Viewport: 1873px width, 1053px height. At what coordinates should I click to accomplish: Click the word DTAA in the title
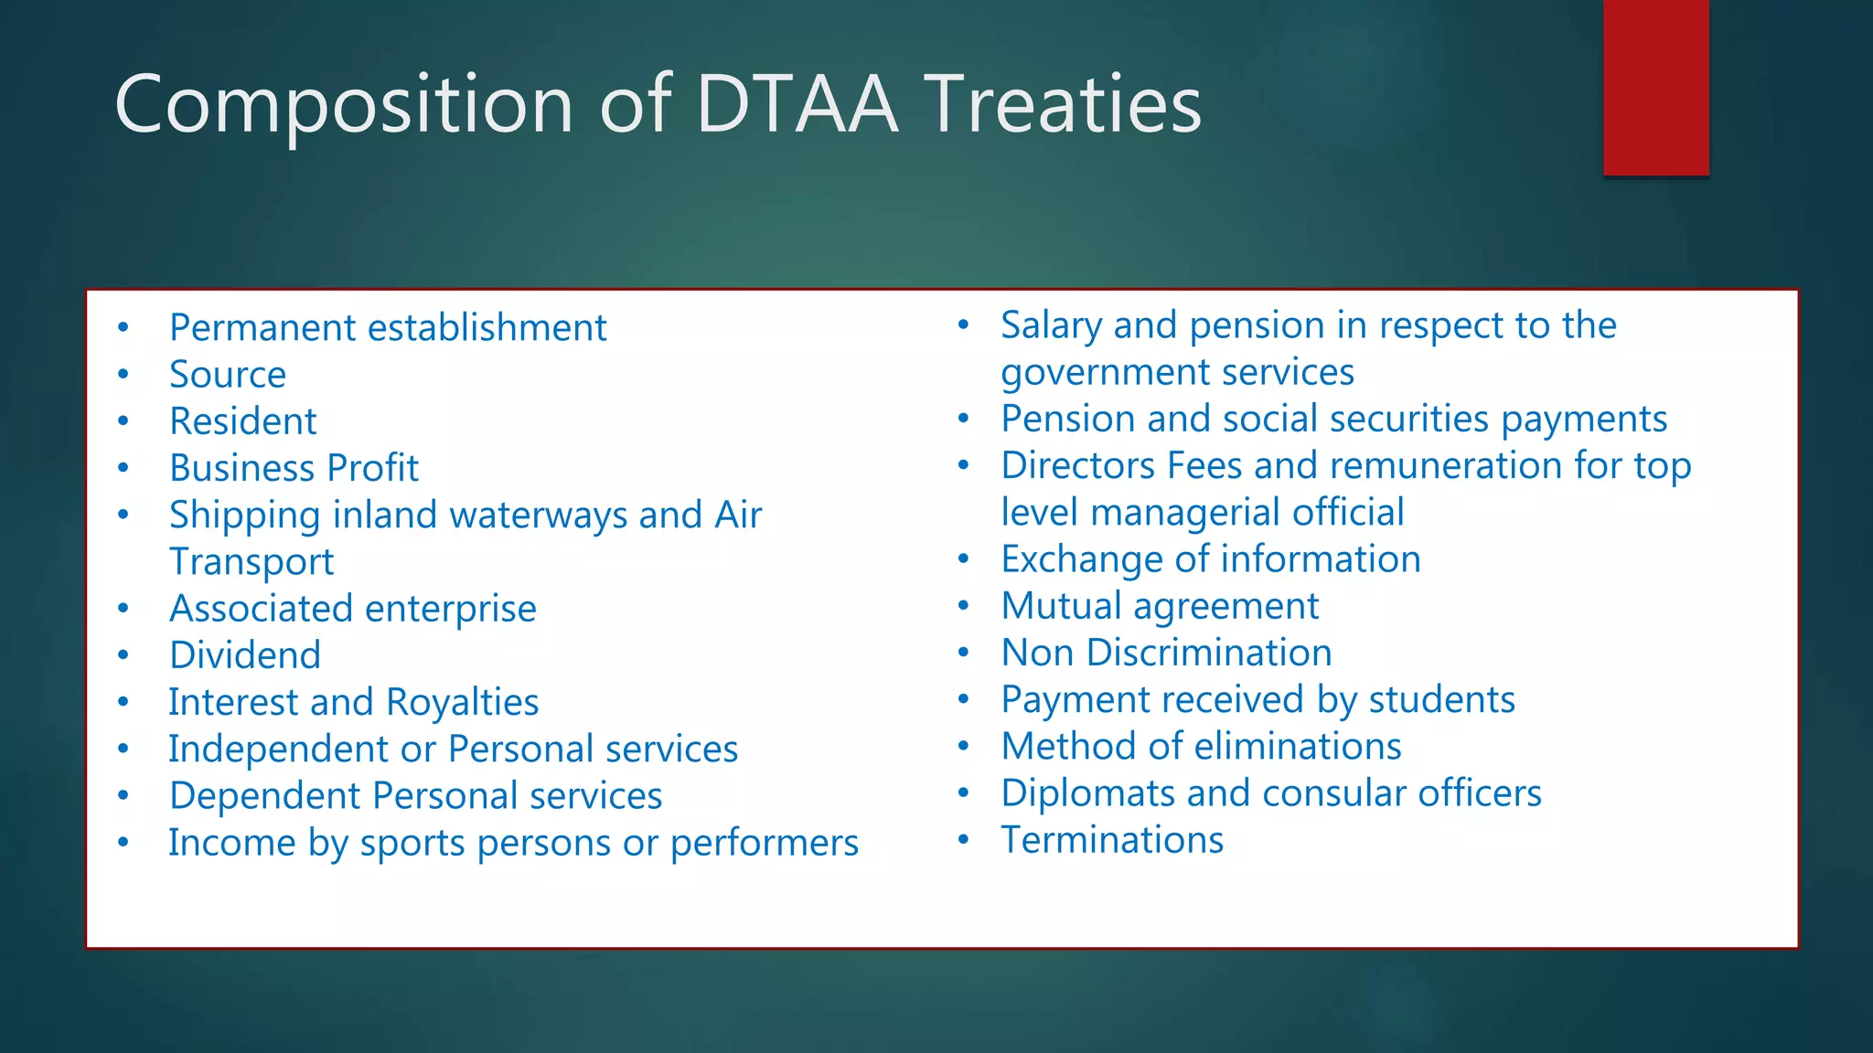(x=797, y=104)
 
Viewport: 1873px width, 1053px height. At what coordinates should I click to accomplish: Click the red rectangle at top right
(x=1655, y=87)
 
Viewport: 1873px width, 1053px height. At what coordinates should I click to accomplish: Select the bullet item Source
(x=228, y=375)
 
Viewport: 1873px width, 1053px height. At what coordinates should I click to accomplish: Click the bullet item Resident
(x=243, y=421)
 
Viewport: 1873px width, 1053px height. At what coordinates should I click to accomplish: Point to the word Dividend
(x=245, y=655)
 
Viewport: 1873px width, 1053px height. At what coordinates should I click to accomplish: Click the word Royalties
(x=462, y=702)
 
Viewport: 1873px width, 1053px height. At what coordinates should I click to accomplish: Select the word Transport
(x=252, y=562)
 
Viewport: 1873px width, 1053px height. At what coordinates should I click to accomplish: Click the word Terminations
(x=1112, y=840)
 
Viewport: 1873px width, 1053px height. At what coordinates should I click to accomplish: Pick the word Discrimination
(x=1209, y=653)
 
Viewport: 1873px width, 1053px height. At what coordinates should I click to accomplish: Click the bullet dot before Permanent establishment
(x=123, y=328)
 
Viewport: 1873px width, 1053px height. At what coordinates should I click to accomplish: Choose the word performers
(x=764, y=843)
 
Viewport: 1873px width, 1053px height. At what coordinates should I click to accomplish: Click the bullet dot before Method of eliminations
(x=963, y=746)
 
